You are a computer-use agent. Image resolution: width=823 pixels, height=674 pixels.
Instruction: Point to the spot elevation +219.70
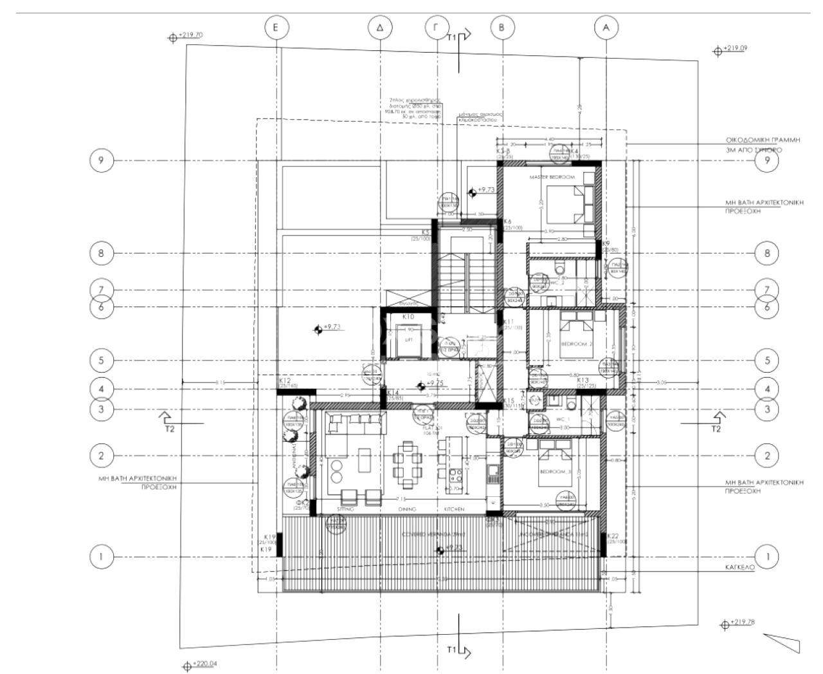coord(190,35)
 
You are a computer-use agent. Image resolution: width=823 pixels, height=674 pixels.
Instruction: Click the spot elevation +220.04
coord(205,663)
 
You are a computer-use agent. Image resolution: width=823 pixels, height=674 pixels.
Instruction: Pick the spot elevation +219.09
coord(735,48)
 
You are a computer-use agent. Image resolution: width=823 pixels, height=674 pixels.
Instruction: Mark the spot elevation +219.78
coord(742,622)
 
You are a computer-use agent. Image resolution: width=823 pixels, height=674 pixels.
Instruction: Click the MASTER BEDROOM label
coord(552,176)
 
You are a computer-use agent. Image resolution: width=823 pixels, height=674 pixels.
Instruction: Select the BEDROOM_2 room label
coord(575,344)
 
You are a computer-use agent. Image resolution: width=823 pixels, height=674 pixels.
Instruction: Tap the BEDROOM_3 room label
coord(554,472)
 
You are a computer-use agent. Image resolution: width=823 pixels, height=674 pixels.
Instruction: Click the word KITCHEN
coord(454,509)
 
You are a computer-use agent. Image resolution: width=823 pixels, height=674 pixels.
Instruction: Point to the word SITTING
coord(345,509)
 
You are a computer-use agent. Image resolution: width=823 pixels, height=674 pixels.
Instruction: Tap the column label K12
coord(285,381)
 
